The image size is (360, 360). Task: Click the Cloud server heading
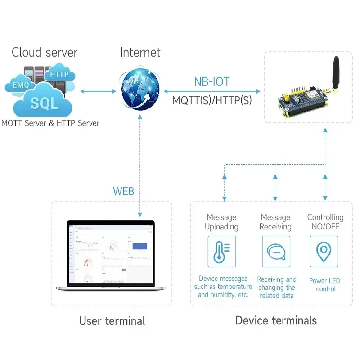45,52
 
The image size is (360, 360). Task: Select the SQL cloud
44,103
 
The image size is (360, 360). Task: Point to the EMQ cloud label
21,85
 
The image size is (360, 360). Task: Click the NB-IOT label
211,81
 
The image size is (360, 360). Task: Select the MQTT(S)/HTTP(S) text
212,100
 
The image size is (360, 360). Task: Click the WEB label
123,191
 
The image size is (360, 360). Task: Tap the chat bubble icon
276,252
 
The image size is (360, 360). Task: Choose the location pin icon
324,252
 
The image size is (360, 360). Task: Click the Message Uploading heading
221,222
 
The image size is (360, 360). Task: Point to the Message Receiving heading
275,222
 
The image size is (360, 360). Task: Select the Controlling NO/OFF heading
325,222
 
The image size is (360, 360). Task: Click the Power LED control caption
324,284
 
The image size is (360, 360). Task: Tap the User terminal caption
112,321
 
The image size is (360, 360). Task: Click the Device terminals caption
276,320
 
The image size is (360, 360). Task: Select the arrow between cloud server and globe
98,91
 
